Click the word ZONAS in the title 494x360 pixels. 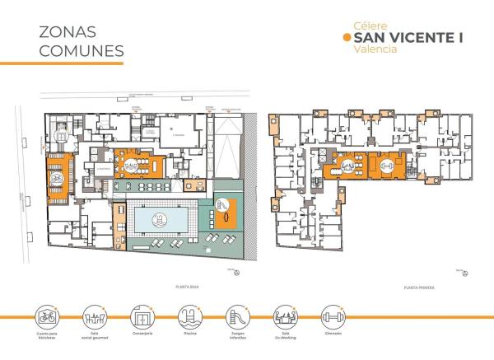[67, 32]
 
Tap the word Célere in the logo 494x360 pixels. [369, 25]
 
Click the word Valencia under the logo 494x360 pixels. [375, 50]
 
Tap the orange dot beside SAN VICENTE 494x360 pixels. [345, 37]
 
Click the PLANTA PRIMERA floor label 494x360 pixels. [418, 287]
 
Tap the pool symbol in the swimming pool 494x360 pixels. [159, 219]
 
